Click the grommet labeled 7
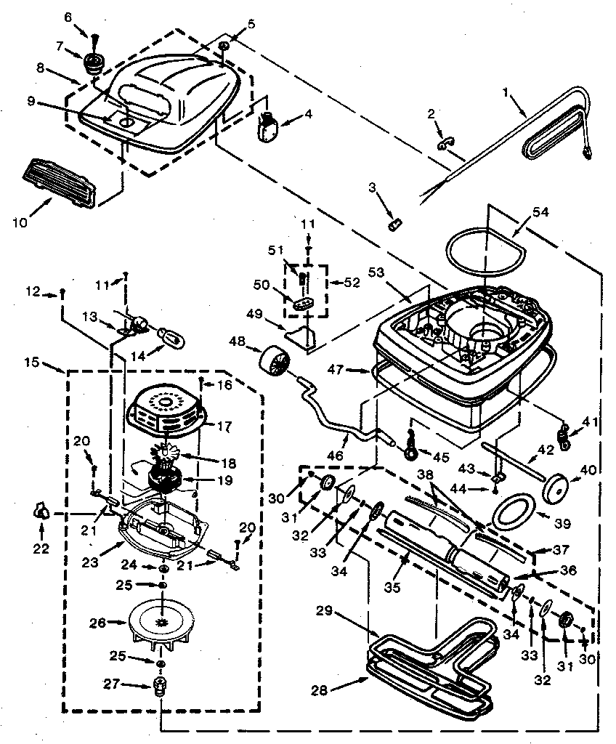pos(93,62)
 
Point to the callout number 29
pos(325,611)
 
